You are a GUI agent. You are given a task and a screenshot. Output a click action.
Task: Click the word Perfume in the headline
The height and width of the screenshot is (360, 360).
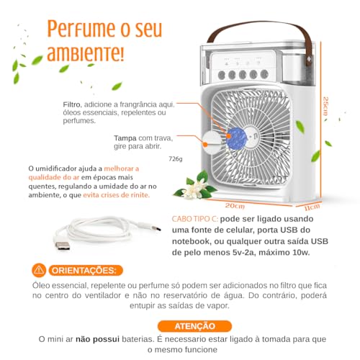click(x=78, y=28)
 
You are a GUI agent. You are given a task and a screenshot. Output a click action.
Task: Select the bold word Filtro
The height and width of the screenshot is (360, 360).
click(x=73, y=105)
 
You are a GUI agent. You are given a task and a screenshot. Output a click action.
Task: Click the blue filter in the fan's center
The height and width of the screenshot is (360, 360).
click(x=239, y=138)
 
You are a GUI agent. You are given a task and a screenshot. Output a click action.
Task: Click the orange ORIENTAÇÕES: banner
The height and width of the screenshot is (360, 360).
click(x=83, y=271)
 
